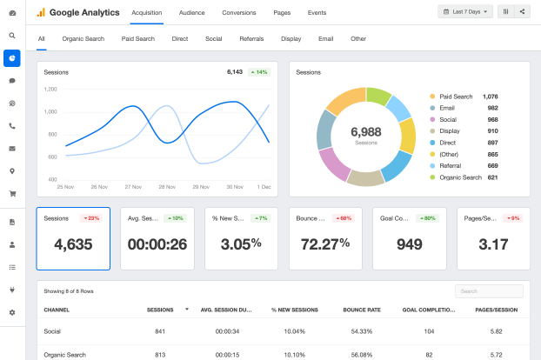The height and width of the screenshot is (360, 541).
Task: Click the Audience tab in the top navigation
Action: click(x=192, y=13)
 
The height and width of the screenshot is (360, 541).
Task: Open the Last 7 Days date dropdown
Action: click(x=465, y=11)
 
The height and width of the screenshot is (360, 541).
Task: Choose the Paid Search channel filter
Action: click(x=138, y=39)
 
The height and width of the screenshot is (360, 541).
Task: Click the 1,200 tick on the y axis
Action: click(x=50, y=89)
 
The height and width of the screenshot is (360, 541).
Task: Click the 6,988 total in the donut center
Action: click(x=366, y=131)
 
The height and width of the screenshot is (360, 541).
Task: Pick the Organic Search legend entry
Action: click(x=461, y=177)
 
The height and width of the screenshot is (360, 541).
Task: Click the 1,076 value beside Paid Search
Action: click(x=491, y=97)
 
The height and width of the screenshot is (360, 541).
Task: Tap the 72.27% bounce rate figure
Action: click(x=325, y=244)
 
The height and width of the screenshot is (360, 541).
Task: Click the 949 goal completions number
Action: click(x=410, y=244)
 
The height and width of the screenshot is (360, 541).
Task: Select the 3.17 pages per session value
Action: click(x=494, y=244)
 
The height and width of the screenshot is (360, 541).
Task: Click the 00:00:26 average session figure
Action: click(x=157, y=244)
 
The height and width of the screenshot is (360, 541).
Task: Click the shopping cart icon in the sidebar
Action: click(x=12, y=194)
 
